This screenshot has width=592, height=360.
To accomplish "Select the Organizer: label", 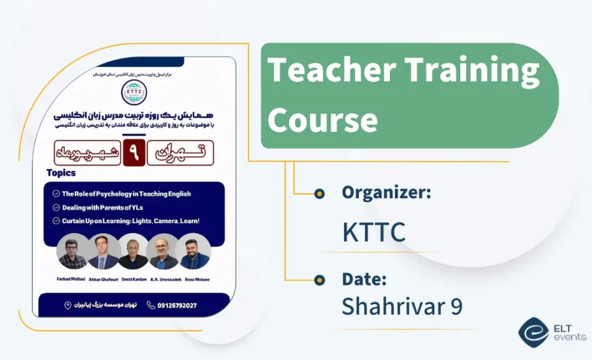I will pyautogui.click(x=386, y=193).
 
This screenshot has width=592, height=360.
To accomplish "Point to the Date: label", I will pyautogui.click(x=364, y=279).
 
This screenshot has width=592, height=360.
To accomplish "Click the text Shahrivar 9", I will pyautogui.click(x=402, y=306).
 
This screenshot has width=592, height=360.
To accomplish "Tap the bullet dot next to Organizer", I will pyautogui.click(x=319, y=193).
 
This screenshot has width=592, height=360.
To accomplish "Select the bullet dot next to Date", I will pyautogui.click(x=319, y=280).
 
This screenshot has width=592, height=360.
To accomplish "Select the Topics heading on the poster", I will pyautogui.click(x=61, y=173).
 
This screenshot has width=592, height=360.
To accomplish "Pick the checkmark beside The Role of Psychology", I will pyautogui.click(x=56, y=194).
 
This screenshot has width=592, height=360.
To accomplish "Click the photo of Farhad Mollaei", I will pyautogui.click(x=72, y=251).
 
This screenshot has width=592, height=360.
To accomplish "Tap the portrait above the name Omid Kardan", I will pyautogui.click(x=133, y=251).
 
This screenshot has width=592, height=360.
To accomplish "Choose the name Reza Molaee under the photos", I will pyautogui.click(x=195, y=280).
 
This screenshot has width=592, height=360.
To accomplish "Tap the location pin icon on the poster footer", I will pyautogui.click(x=68, y=305).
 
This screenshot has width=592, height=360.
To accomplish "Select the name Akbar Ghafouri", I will pyautogui.click(x=103, y=280).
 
